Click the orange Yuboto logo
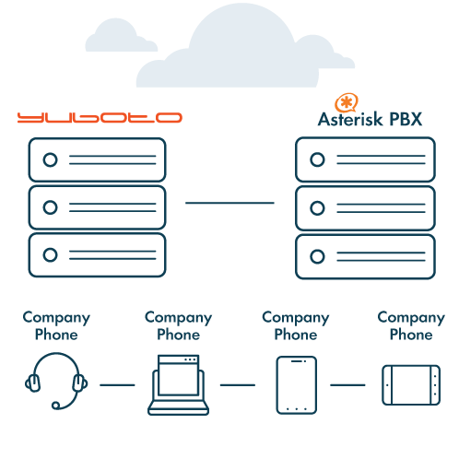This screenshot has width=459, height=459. click(x=100, y=118)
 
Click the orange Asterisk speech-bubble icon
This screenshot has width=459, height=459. click(x=347, y=103)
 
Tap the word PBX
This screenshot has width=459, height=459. click(x=406, y=119)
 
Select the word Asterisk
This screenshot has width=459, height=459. click(x=350, y=119)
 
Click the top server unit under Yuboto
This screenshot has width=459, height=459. click(x=97, y=159)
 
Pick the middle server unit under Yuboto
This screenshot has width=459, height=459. click(x=97, y=207)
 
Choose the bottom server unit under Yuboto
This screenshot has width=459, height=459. click(x=97, y=255)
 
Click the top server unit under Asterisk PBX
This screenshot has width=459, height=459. click(x=365, y=159)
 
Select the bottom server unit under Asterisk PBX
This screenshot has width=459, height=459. click(x=365, y=257)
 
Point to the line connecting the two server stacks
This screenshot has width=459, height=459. click(x=229, y=203)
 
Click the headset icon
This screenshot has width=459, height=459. click(x=56, y=381)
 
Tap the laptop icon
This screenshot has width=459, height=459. click(x=178, y=385)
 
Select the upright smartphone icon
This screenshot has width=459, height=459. click(x=297, y=385)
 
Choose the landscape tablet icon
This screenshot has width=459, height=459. click(x=411, y=385)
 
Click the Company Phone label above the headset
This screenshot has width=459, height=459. click(x=56, y=326)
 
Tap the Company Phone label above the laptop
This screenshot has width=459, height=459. click(x=179, y=326)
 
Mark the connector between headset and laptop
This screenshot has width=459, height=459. click(x=117, y=385)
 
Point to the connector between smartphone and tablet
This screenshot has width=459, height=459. click(x=347, y=385)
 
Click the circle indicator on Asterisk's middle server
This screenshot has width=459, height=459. click(x=317, y=208)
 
